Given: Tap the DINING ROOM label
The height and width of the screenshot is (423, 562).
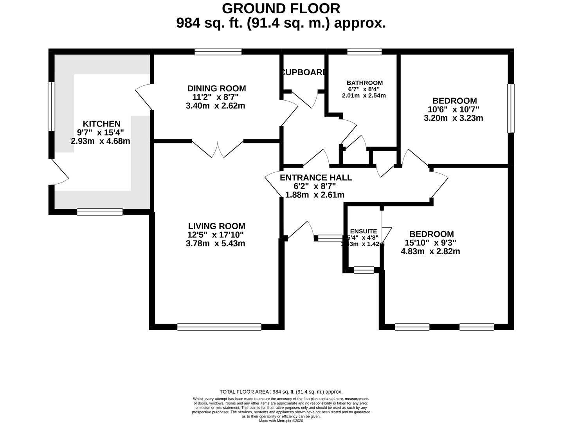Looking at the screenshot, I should (x=216, y=89).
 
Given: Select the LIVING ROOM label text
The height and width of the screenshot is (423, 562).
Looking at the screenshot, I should (x=216, y=226).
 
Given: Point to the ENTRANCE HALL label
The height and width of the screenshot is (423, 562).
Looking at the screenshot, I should (x=316, y=177).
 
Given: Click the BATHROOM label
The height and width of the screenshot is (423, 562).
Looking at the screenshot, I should (x=364, y=83).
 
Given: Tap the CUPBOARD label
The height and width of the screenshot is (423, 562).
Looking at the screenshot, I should (x=304, y=72).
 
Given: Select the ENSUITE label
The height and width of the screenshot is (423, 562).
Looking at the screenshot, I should (x=364, y=231).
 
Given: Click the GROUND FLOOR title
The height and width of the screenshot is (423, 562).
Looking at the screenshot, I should (x=281, y=8).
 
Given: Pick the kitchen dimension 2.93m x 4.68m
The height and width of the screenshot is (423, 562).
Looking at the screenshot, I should (x=101, y=141).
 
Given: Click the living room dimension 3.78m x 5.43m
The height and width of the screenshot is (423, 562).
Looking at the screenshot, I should (x=216, y=243).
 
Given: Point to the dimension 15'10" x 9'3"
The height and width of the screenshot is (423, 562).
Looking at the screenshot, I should (x=430, y=243).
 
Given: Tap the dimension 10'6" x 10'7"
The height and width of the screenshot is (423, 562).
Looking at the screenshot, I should (x=454, y=109).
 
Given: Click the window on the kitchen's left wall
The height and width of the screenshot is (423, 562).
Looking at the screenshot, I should (x=52, y=106).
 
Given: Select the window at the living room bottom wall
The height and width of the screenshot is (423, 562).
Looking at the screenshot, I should (x=219, y=327).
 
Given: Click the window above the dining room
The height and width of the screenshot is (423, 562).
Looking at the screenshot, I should (x=218, y=51).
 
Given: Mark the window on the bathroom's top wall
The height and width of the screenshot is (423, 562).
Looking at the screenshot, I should (x=364, y=51).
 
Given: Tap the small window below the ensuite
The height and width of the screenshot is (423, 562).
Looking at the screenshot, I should (x=364, y=270).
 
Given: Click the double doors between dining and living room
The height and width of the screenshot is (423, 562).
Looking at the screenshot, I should (x=218, y=149).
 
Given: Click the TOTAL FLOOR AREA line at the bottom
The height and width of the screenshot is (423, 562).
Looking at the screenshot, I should (x=281, y=392).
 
